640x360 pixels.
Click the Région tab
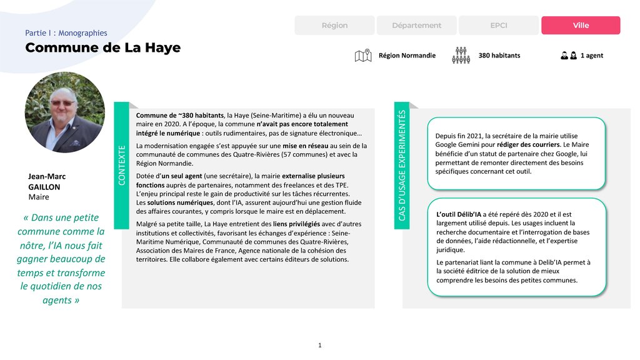pos(334,26)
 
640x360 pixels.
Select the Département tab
pos(416,26)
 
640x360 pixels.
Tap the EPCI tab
pos(499,26)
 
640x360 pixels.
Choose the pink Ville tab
pos(581,26)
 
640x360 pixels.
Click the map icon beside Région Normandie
pos(362,56)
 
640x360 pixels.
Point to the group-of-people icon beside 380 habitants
pos(461,56)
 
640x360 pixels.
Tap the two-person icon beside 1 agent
pos(568,56)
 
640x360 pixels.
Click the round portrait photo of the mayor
pos(65,112)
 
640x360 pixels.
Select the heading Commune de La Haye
pos(102,48)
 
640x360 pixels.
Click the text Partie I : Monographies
pos(66,33)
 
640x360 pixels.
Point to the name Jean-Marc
pos(47,177)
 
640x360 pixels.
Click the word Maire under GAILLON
pos(39,197)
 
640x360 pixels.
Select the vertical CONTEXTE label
pos(122,164)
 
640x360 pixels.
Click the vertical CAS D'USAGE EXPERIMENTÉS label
pos(402,165)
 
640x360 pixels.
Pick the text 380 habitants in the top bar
pos(499,56)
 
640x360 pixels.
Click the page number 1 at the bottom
pos(320,345)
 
